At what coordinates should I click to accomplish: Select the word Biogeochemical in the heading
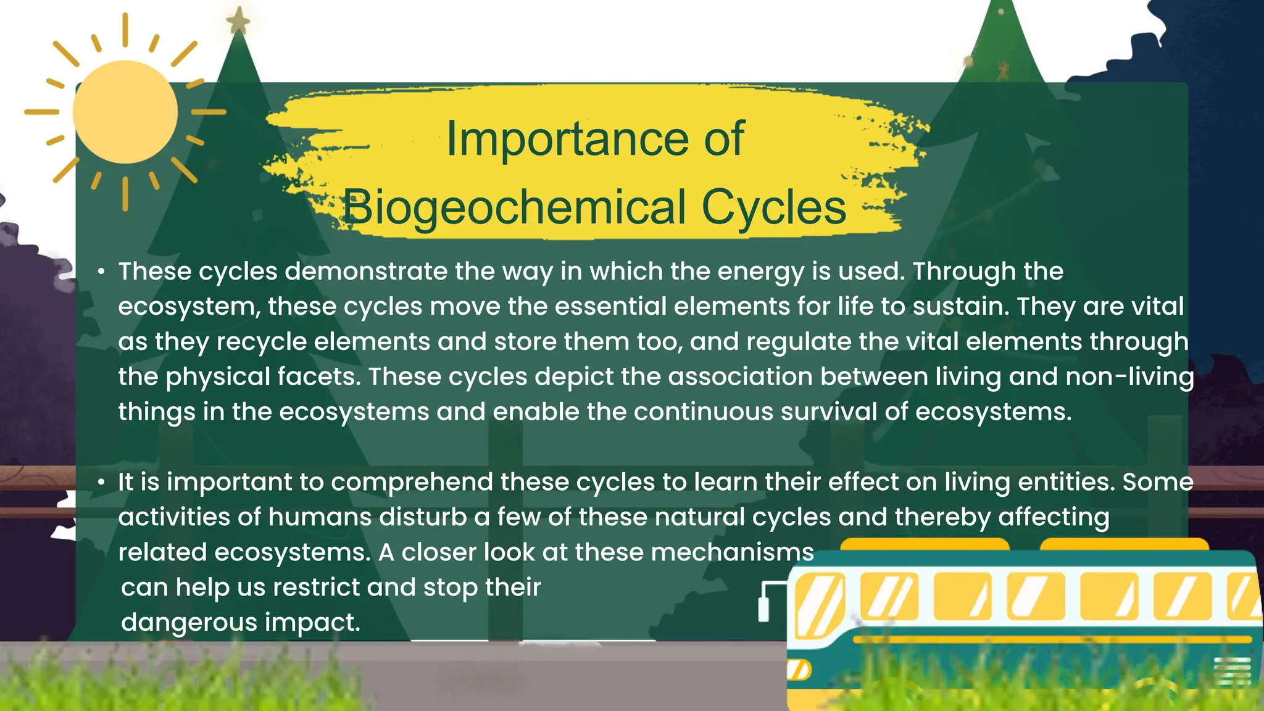[x=514, y=208]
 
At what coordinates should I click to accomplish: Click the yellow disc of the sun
[x=125, y=112]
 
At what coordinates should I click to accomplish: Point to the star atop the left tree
[x=238, y=22]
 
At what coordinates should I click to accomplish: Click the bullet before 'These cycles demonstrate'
[x=101, y=272]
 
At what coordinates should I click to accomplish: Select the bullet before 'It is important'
[x=101, y=482]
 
